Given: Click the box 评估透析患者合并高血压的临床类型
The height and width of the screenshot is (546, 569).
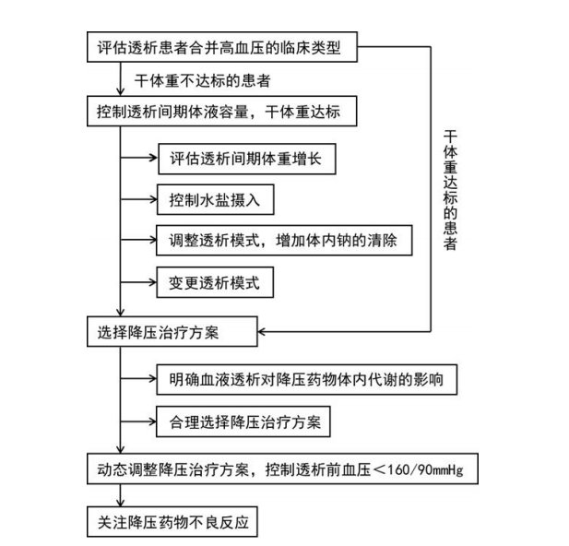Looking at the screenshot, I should (x=222, y=46).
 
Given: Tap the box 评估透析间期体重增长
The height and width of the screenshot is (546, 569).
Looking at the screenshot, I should (x=244, y=159).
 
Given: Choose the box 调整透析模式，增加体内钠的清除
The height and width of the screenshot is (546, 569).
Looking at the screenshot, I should (x=282, y=240).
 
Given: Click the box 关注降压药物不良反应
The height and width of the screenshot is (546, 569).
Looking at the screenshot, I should (x=173, y=523).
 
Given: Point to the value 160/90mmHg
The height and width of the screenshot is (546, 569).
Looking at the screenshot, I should (x=433, y=470).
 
